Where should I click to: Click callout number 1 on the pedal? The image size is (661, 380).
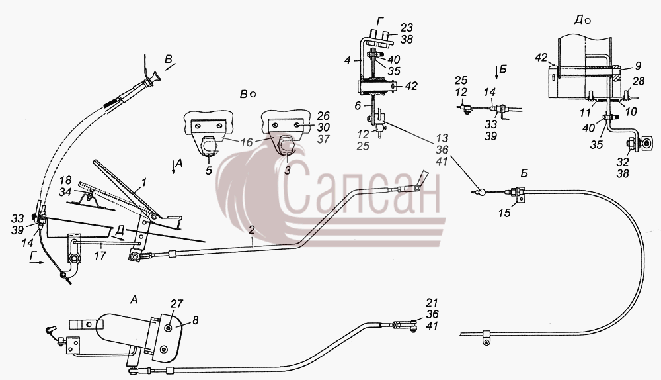coord(143,183)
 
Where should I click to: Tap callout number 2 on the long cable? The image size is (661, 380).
coord(252,230)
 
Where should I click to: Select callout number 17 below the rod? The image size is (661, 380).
coord(100,255)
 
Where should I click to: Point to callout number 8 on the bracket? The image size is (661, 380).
coord(195,320)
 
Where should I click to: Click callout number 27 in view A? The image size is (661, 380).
coord(176,304)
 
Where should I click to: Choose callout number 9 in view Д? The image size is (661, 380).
coord(638,66)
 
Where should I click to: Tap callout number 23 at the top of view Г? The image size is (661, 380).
coord(407,27)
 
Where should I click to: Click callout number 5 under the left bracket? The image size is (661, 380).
coord(209,171)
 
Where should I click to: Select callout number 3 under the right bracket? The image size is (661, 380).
coord(287,171)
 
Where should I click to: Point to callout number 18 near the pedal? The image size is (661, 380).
coord(65,180)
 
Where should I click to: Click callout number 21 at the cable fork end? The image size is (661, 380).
coord(432,303)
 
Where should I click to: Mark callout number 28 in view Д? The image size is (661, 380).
coord(639,81)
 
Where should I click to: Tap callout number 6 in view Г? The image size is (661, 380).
coord(358,105)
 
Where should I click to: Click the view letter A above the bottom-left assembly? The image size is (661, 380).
coord(134,300)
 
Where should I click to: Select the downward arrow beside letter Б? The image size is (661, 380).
coord(496,72)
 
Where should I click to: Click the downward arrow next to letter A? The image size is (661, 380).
coord(173,166)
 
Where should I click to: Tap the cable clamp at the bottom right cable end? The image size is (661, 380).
coord(486,338)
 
